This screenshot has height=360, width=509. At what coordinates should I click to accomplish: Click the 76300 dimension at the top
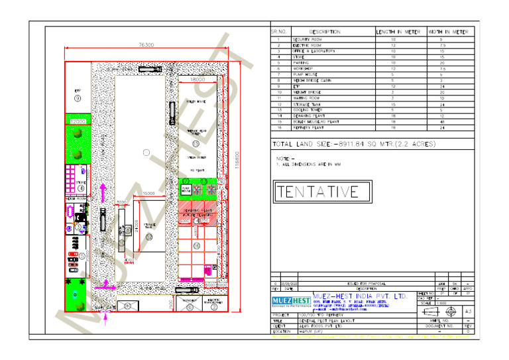[x=146, y=45]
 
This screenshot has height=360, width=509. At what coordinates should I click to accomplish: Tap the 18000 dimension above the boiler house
[x=198, y=79]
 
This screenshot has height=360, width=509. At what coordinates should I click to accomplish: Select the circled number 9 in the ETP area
[x=78, y=98]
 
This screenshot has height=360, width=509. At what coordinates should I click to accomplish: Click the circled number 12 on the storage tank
[x=149, y=237]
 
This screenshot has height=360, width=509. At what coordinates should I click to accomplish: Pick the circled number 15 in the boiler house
[x=196, y=143]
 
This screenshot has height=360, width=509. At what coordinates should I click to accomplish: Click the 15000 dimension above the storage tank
[x=149, y=194]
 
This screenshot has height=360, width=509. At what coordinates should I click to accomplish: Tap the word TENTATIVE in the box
[x=317, y=192]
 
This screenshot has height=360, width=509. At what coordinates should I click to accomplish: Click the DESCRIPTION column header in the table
[x=325, y=32]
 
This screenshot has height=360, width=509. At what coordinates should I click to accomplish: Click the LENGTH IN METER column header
[x=398, y=32]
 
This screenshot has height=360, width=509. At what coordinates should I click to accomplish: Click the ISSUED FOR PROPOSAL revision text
[x=366, y=283]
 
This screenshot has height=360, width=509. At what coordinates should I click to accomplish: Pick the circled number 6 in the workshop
[x=190, y=307]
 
